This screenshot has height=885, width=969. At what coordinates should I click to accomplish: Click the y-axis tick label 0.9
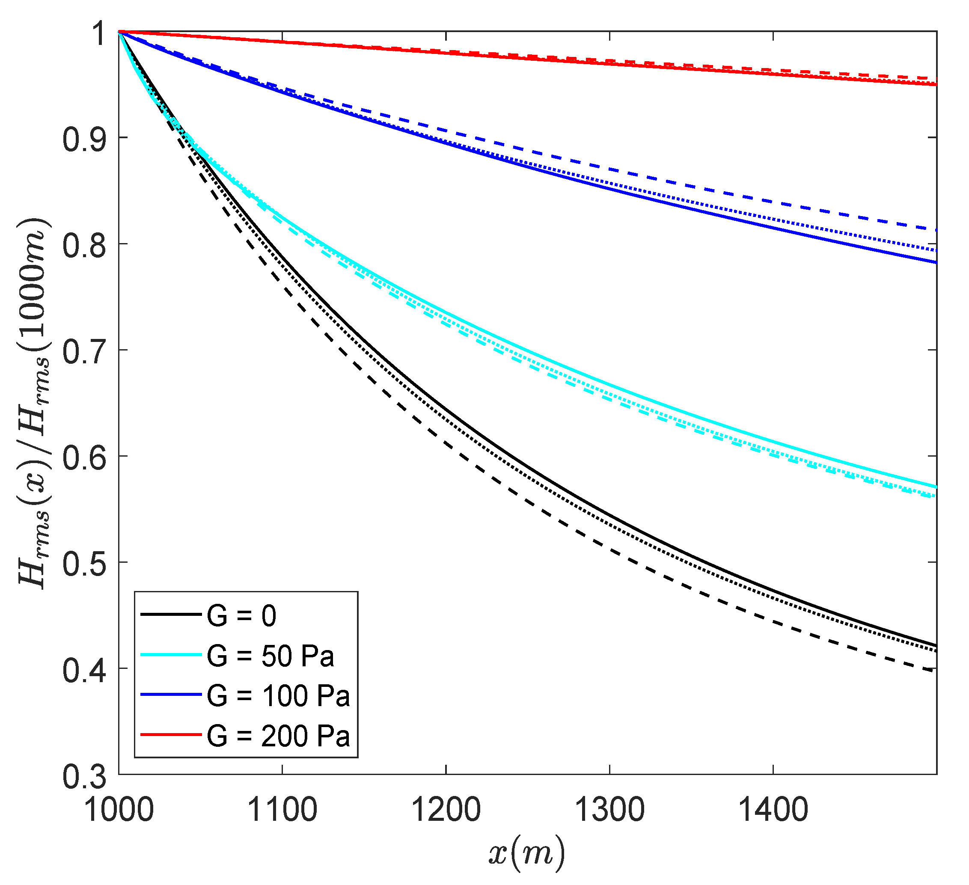[x=85, y=140]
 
